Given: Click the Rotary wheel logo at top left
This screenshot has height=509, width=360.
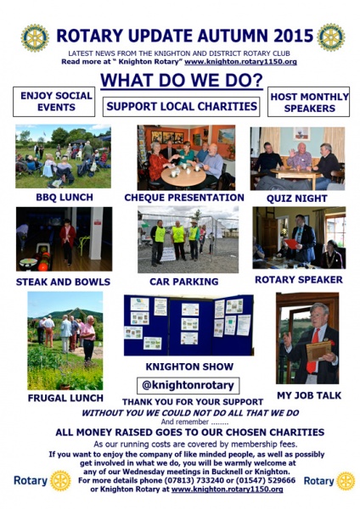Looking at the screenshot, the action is point(35,37).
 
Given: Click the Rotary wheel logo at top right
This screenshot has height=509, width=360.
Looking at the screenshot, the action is point(331,37).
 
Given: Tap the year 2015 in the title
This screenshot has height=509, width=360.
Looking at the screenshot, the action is point(293,36).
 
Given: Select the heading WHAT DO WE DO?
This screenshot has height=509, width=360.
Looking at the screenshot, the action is point(182,80).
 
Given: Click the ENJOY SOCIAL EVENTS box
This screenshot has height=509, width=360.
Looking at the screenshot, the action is point(54,102).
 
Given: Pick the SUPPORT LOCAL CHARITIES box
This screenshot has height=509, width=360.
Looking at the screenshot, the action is point(182,107).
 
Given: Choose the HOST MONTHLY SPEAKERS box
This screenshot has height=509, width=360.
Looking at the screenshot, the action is point(309,102).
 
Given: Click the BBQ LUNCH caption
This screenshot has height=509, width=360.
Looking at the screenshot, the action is point(65,198).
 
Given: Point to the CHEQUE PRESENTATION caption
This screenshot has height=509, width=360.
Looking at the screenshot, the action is point(184,198).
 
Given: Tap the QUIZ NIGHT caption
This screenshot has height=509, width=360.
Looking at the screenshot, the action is point(296,199).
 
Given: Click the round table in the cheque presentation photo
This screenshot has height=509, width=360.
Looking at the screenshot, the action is point(183,176).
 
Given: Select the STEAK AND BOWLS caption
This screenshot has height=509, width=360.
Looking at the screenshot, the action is point(63,282).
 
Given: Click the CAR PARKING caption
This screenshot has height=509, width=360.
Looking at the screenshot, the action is point(184,282).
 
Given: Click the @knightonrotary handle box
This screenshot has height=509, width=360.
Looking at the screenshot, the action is point(188,385).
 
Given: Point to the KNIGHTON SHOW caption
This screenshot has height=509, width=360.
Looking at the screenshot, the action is point(189,366).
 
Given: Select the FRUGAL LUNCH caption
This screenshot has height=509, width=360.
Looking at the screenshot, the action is point(65,398).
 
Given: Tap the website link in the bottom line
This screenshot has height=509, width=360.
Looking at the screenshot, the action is point(227,489).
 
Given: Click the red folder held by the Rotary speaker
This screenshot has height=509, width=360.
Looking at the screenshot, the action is point(291,243).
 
